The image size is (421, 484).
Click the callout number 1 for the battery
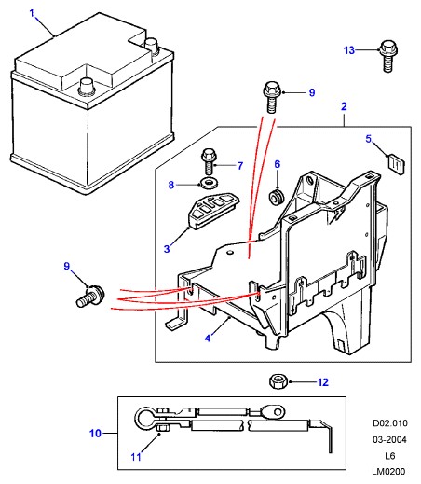click(x=32, y=13)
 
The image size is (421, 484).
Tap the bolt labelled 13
click(x=388, y=56)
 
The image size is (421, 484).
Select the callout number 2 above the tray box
click(x=344, y=106)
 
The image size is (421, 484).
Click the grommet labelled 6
click(x=276, y=197)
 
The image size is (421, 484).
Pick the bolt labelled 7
click(x=209, y=161)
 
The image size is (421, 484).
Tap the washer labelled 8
click(x=209, y=183)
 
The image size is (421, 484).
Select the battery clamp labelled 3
click(x=213, y=210)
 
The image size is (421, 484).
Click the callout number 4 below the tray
click(x=208, y=338)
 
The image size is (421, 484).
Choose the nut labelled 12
click(x=278, y=381)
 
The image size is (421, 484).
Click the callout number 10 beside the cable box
click(x=95, y=433)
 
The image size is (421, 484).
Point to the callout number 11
click(x=136, y=457)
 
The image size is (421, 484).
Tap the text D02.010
click(x=390, y=423)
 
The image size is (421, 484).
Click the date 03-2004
click(x=390, y=439)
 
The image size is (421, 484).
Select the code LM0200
click(x=388, y=472)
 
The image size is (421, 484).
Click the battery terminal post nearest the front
click(x=86, y=86)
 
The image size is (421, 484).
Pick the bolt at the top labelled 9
click(x=272, y=97)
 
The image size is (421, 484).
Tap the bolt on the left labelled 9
click(x=90, y=297)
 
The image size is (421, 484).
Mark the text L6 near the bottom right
click(x=390, y=456)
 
